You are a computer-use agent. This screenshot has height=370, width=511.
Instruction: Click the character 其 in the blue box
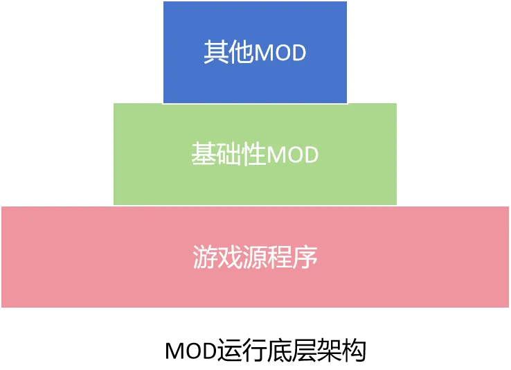point(216,53)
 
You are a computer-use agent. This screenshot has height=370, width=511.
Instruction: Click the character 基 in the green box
point(204,155)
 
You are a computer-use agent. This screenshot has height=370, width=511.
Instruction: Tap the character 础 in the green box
point(229,155)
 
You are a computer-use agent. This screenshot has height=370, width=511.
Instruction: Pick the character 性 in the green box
point(254,155)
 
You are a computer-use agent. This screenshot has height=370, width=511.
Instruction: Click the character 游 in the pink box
point(205,257)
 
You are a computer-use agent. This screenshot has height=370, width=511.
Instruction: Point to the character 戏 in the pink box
point(230,257)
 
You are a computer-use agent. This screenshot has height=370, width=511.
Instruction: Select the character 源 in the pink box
point(255,257)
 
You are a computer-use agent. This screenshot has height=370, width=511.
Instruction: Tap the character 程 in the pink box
point(280,257)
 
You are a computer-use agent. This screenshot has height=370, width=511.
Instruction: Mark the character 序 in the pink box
point(305,257)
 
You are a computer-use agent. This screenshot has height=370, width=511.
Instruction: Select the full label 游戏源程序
point(255,257)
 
